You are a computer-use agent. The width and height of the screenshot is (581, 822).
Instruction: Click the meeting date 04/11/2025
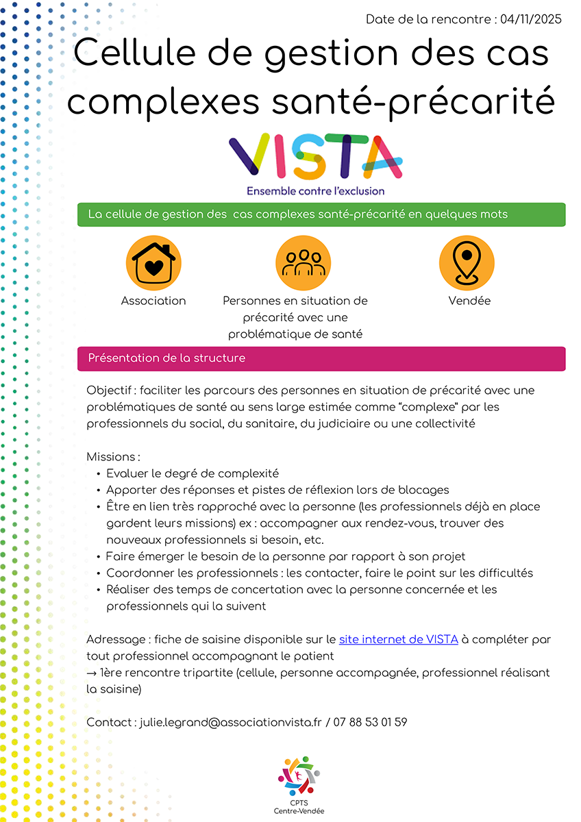pyautogui.click(x=531, y=19)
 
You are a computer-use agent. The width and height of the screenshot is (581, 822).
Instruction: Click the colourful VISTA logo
pyautogui.click(x=316, y=157)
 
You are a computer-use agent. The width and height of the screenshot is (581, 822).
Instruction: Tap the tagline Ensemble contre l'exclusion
pyautogui.click(x=316, y=191)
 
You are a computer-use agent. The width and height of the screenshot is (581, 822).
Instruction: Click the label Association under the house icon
pyautogui.click(x=153, y=301)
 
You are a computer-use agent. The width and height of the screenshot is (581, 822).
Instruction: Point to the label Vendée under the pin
pyautogui.click(x=469, y=301)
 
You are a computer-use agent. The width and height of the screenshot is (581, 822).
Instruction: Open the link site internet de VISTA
pyautogui.click(x=399, y=640)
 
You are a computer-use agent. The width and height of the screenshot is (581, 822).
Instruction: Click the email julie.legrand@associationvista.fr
pyautogui.click(x=230, y=722)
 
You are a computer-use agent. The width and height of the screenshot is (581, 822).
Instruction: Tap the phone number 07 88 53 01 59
pyautogui.click(x=371, y=722)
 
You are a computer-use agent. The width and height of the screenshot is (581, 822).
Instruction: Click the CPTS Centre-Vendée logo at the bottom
pyautogui.click(x=299, y=784)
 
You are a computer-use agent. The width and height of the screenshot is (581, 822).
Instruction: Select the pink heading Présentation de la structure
pyautogui.click(x=166, y=358)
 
